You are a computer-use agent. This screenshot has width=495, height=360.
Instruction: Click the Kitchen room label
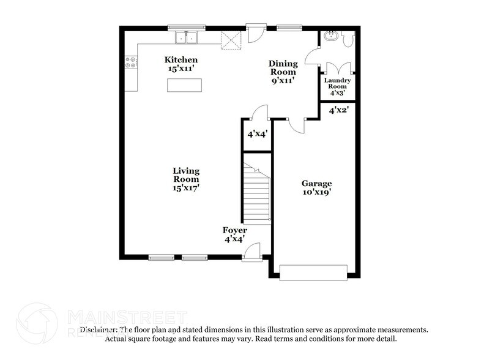point(181,59)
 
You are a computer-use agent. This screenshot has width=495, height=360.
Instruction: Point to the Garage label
point(316,183)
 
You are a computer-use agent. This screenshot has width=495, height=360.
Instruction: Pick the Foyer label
point(234,230)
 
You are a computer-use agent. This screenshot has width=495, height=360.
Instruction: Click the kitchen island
point(184,86)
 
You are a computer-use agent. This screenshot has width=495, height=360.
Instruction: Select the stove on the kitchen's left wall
point(130,61)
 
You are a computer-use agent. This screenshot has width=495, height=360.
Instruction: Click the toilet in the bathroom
point(348,39)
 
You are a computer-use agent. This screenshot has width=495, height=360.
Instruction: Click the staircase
point(257,193)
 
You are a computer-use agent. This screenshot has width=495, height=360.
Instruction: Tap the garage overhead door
point(313,272)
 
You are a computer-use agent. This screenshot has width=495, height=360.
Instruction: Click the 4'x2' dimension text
point(338,111)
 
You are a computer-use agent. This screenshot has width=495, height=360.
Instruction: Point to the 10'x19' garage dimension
point(316,192)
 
